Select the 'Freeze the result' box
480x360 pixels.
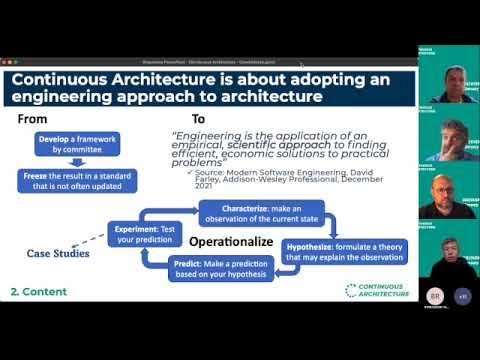[77, 179]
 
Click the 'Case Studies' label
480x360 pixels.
[57, 253]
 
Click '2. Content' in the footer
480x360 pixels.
[39, 291]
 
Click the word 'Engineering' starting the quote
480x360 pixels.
[207, 133]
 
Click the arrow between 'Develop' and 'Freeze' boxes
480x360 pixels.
[77, 161]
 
